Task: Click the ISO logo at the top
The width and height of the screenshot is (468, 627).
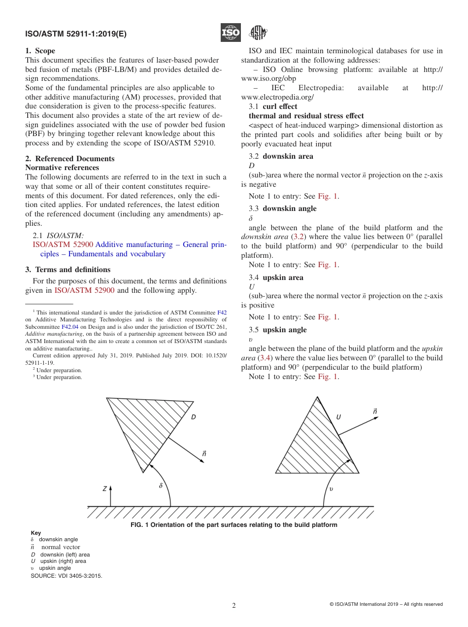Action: tap(231, 33)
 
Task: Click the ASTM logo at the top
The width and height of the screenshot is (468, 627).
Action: tap(258, 33)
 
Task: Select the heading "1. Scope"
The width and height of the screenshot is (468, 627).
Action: tap(40, 51)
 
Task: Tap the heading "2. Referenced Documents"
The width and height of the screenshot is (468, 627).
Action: tap(70, 159)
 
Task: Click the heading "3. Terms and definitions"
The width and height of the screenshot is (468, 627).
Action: tap(68, 270)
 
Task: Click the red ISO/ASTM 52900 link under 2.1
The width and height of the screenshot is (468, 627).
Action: tap(63, 244)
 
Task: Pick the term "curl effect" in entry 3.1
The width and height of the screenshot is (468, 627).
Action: tap(280, 106)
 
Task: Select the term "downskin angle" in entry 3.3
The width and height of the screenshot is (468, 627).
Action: tap(289, 209)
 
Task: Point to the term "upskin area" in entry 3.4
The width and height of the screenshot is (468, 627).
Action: tap(283, 278)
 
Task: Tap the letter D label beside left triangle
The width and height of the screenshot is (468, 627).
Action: tap(194, 417)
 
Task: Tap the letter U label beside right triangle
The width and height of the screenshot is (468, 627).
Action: tap(338, 417)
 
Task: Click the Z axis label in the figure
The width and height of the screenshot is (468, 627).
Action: tap(104, 489)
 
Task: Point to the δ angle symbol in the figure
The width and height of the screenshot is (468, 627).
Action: tap(161, 486)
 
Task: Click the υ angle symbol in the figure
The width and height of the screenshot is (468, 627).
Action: tap(331, 489)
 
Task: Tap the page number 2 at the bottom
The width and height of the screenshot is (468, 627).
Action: tap(234, 606)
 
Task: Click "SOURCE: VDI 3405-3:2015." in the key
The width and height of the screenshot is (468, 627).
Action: tap(67, 575)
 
